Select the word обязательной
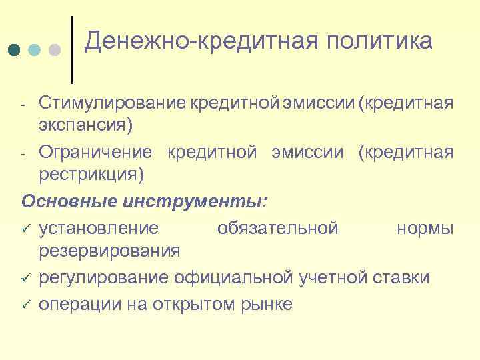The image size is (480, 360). pos(277,229)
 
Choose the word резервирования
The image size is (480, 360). pos(109,250)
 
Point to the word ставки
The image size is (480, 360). pos(401,277)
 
